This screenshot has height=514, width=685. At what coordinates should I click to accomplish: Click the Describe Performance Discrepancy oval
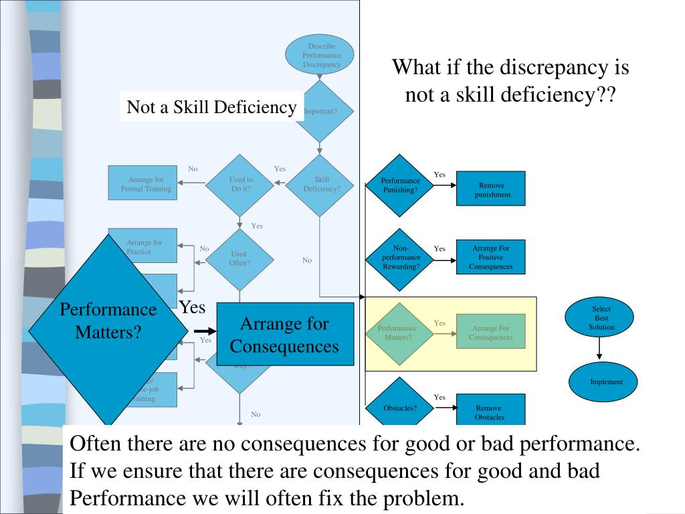319,54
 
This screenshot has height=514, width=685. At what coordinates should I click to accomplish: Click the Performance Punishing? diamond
400,185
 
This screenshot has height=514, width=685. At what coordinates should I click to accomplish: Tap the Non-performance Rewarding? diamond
400,257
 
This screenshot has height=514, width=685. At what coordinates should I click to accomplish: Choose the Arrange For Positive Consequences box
491,257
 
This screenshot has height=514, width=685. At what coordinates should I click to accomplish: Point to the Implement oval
603,381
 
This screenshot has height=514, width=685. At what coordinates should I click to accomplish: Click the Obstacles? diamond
400,408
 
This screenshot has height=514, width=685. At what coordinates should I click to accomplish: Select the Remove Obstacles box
491,410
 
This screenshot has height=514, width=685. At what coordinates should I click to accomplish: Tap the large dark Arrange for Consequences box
284,335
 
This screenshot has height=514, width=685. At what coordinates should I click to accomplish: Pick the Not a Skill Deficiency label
211,107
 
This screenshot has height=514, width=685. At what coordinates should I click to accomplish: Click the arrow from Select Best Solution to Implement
600,347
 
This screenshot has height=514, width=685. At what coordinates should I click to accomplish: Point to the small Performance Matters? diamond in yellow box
400,332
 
